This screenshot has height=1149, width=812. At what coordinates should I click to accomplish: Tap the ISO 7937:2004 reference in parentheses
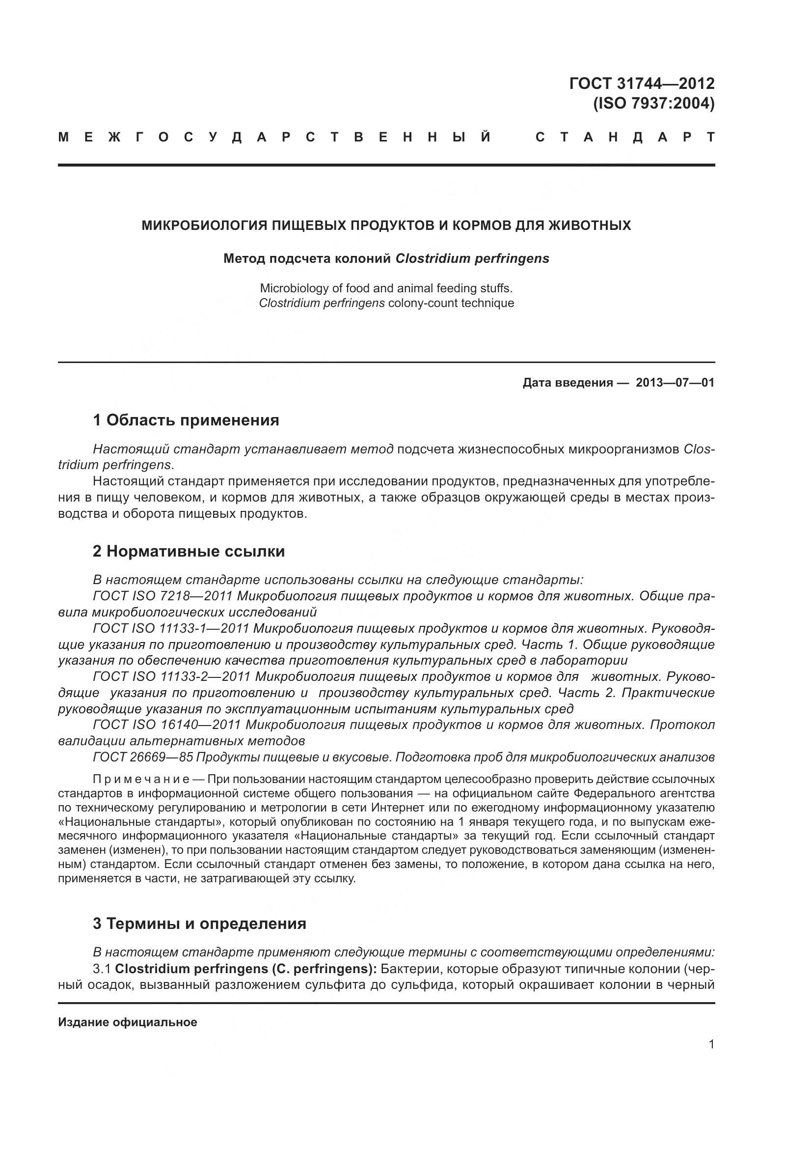click(653, 103)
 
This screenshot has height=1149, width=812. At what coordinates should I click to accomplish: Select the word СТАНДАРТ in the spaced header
click(624, 137)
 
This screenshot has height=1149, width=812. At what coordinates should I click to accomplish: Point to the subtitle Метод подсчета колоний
click(306, 258)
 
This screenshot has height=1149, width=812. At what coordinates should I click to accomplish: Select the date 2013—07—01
click(675, 383)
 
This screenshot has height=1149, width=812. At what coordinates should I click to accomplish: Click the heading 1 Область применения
click(186, 420)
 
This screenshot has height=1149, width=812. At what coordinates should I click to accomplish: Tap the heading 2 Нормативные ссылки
click(189, 551)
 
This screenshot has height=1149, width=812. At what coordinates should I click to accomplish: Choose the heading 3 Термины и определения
click(199, 924)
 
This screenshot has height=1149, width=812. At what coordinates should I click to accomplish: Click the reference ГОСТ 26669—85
click(142, 757)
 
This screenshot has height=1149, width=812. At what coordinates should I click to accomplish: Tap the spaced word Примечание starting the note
click(140, 779)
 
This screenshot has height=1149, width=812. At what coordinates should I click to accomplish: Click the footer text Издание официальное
click(128, 1022)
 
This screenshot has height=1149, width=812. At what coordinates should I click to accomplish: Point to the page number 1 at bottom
click(711, 1044)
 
